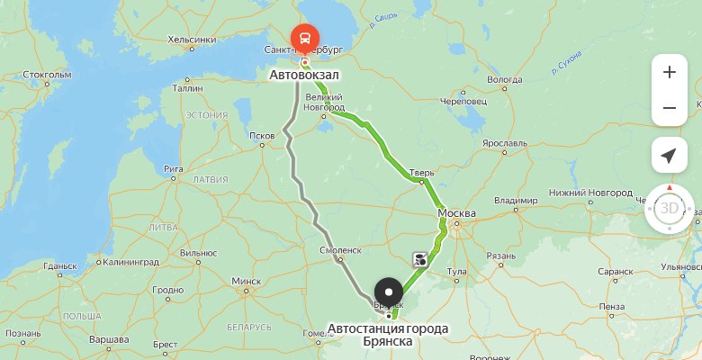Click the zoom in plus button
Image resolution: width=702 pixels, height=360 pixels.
(669, 73)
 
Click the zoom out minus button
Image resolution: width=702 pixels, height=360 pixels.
(669, 108)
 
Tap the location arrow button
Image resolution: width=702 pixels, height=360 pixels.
(669, 156)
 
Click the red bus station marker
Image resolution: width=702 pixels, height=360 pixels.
(305, 39)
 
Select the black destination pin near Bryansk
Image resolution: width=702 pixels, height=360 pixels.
(389, 292)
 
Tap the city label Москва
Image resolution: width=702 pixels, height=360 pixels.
(455, 213)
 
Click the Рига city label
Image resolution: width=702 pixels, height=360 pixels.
(174, 168)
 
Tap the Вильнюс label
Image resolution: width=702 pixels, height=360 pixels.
(198, 254)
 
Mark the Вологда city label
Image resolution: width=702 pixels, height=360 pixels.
(504, 79)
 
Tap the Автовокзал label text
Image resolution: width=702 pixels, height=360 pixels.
(304, 76)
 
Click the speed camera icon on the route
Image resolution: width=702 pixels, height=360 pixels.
(421, 260)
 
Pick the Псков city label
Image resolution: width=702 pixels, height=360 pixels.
(261, 137)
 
